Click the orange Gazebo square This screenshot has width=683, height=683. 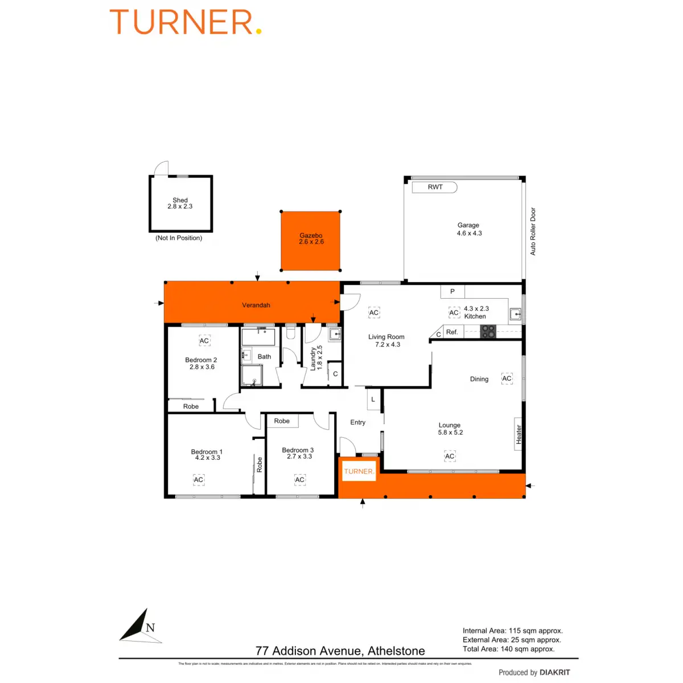point(310,241)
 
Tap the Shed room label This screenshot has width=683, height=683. point(180,200)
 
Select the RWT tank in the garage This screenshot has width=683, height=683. point(435,187)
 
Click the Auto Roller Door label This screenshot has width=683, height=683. point(533,231)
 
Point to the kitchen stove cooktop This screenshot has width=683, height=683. point(488,331)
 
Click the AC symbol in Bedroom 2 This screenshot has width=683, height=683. point(204,341)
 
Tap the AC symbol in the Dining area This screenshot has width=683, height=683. point(507,378)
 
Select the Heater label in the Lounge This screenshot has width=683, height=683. point(519,434)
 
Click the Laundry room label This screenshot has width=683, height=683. point(313,359)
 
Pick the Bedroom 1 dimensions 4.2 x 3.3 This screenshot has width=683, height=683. point(207,458)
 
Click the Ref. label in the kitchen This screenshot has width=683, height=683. point(452,332)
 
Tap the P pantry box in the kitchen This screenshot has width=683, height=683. point(452,291)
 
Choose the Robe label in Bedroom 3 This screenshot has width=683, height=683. point(282,421)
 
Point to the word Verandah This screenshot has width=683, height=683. point(256,305)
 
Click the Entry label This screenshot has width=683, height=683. point(357,422)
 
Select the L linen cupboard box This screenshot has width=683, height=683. point(373,400)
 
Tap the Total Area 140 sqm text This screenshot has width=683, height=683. point(508,649)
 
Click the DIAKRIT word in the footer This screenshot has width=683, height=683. point(554,672)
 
